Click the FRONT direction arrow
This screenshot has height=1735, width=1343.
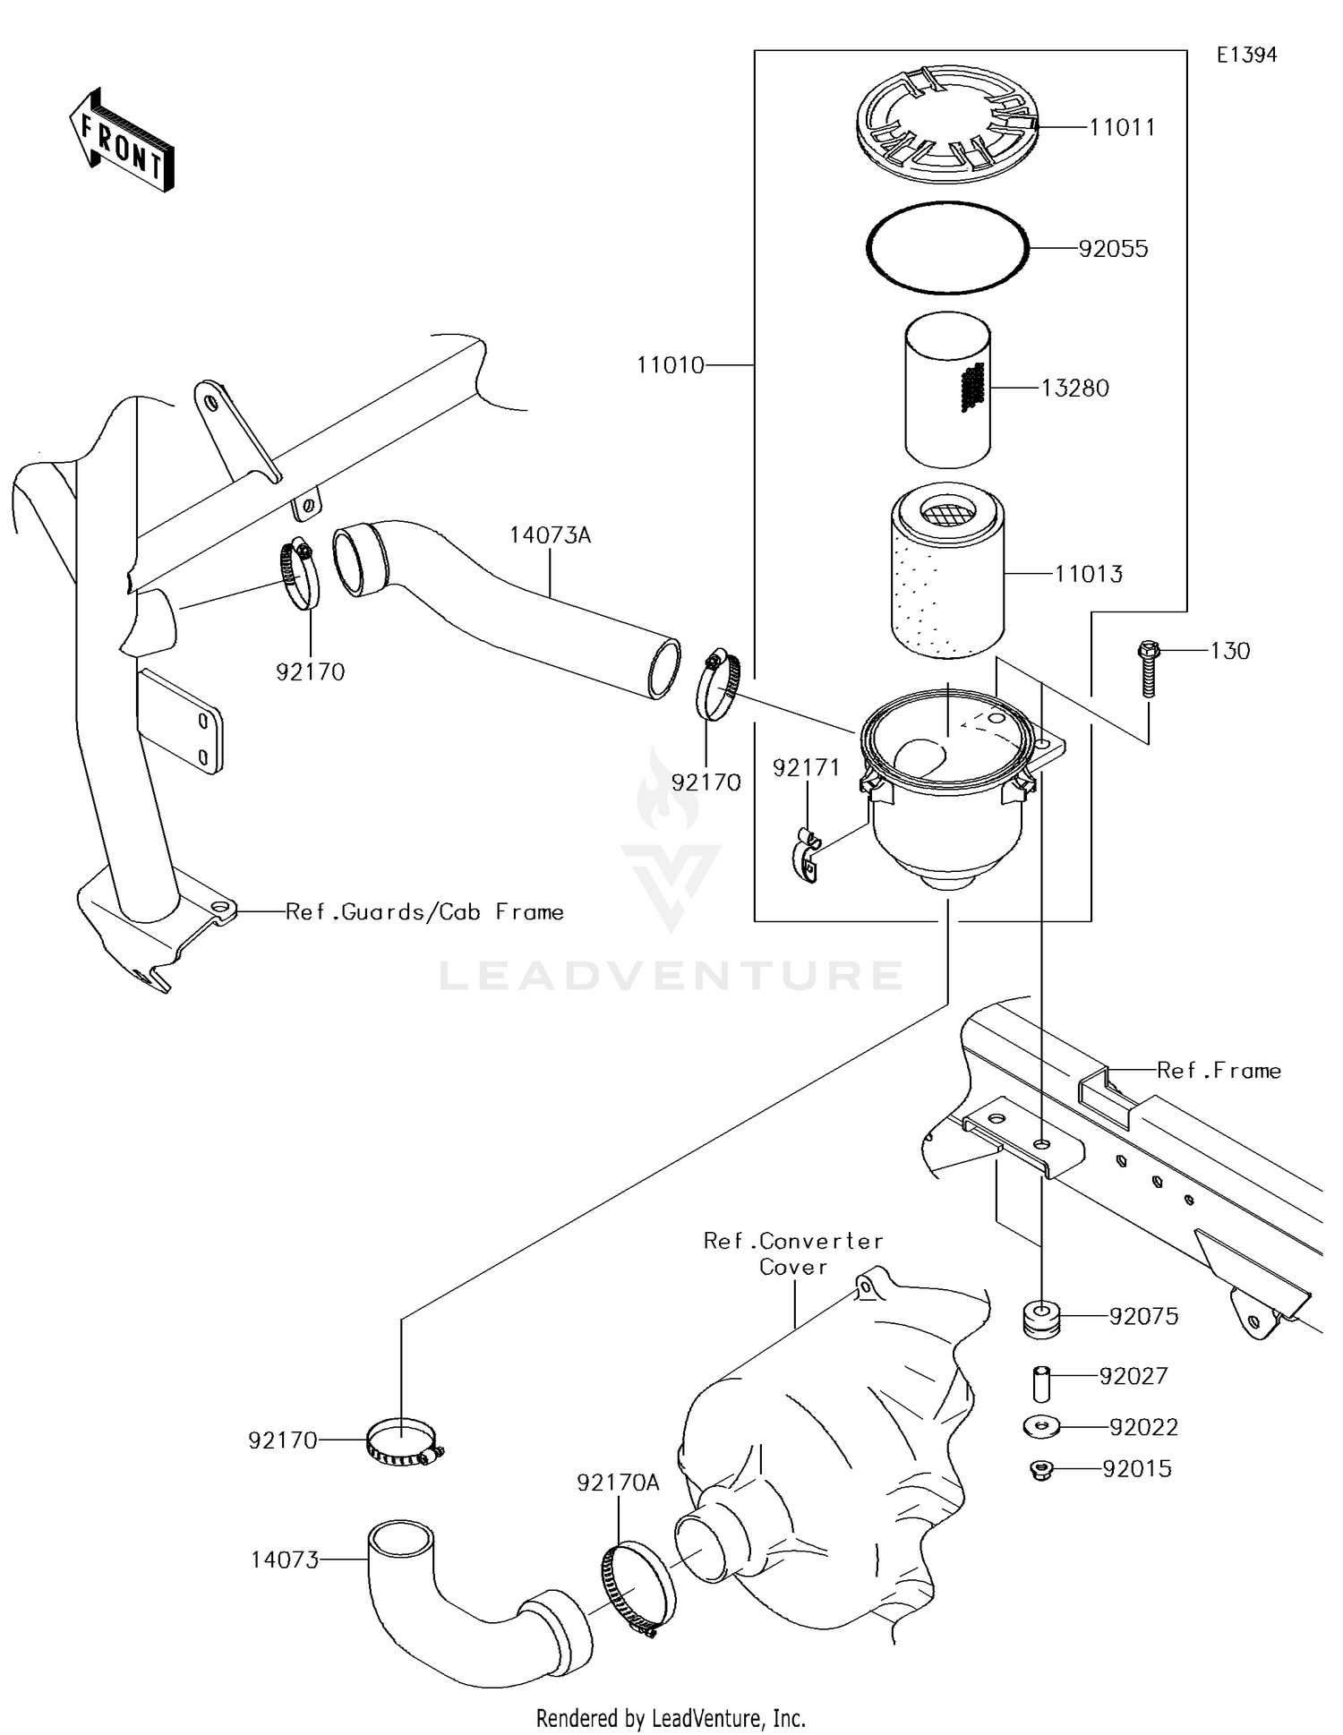122,140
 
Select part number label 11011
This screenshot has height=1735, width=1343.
1122,128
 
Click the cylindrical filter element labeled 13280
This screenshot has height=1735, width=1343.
946,390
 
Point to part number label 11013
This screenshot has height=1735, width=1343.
1088,575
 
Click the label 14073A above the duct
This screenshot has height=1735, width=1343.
551,536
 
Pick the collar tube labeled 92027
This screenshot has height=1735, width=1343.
1041,1382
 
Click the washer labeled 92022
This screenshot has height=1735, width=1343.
1040,1427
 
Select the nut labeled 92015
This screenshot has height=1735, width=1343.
1039,1469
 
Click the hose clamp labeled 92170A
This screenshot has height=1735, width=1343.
637,1590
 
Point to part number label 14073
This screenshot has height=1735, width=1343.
285,1560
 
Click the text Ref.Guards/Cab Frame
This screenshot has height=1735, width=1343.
424,912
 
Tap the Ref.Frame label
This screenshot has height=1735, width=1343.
1219,1071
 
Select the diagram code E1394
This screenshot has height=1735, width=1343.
1246,56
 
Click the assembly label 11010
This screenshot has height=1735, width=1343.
671,365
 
